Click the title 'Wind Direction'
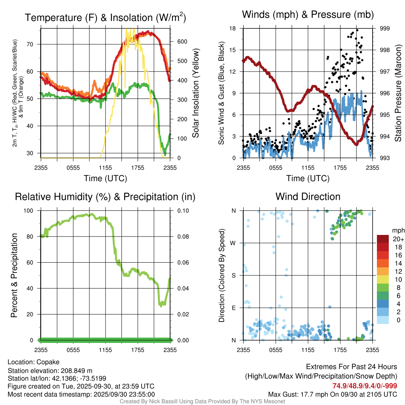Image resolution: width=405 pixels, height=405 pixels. click(308, 197)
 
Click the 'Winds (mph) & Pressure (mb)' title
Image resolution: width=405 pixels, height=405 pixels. click(308, 15)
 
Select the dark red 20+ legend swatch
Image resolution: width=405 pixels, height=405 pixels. click(383, 239)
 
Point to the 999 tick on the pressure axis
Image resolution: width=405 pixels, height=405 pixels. click(385, 28)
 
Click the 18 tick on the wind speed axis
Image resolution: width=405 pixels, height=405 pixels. click(233, 28)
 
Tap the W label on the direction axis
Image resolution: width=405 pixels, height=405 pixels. click(233, 243)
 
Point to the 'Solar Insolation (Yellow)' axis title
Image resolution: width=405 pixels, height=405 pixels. click(196, 93)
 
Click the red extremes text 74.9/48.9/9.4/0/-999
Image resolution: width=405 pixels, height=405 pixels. click(365, 386)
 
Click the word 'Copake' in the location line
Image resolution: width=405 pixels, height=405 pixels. click(47, 362)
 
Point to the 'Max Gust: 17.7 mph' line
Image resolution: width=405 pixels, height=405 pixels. click(333, 394)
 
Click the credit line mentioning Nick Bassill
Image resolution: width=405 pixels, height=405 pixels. click(202, 401)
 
